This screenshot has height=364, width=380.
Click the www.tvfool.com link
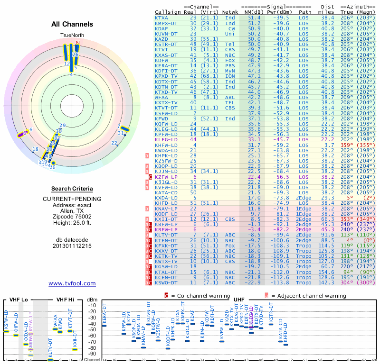pos(72,283)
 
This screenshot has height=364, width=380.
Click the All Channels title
pos(72,24)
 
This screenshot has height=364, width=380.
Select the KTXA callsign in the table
pos(161,18)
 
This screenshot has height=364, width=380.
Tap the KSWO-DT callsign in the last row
pos(166,282)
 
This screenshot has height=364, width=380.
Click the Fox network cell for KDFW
pos(230,60)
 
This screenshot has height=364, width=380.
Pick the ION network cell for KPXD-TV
pos(230,76)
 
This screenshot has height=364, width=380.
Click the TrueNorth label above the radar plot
pos(72,36)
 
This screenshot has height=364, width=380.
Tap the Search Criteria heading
pos(72,189)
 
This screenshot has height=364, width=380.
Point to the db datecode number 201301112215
pos(72,246)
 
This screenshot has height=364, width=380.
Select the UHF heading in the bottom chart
pos(239,300)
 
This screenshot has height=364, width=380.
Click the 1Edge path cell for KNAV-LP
pos(304,209)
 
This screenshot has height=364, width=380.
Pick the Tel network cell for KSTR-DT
pos(230,44)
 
